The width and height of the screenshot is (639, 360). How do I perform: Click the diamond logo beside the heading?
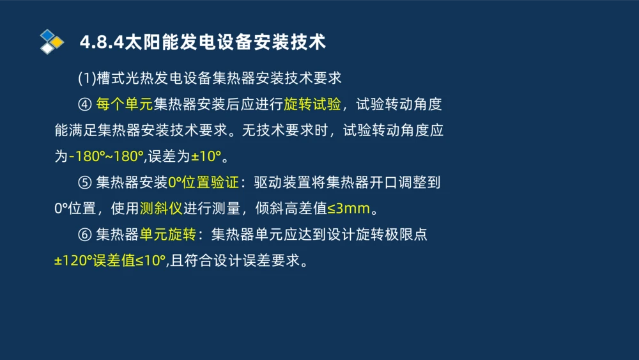51,42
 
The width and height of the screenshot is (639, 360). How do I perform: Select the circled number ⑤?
85,183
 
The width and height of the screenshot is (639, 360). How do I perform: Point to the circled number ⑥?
85,235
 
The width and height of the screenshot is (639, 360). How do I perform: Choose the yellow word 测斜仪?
161,209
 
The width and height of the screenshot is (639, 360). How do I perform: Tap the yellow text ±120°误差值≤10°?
110,261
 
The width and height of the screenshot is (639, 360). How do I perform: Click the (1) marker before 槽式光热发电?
86,78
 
